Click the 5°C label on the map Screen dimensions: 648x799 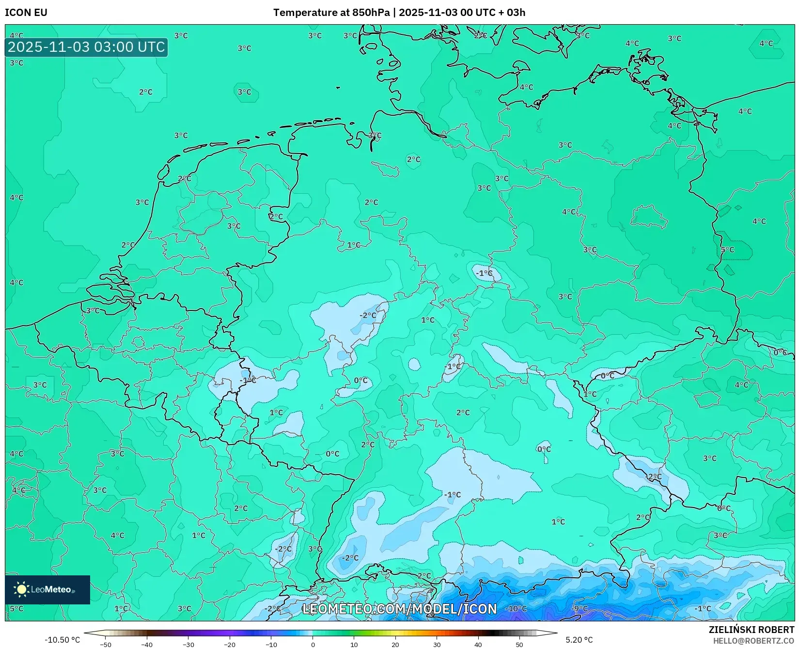click(727, 250)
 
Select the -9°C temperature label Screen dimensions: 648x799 click(580, 609)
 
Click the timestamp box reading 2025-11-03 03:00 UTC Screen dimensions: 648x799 click(86, 47)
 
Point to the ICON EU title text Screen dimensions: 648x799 click(26, 13)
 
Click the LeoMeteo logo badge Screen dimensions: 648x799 click(47, 589)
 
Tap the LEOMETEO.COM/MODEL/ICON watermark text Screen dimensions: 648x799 click(399, 609)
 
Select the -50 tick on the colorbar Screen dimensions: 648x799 click(105, 645)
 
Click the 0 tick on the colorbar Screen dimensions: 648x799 click(313, 645)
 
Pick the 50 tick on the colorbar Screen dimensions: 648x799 click(519, 645)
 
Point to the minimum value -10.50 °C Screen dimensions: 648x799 click(62, 640)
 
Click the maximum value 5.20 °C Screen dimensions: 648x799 click(579, 640)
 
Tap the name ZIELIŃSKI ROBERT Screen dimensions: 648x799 click(752, 630)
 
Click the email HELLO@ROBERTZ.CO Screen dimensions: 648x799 click(753, 641)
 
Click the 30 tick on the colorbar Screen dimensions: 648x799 click(437, 645)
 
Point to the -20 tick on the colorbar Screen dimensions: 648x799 click(230, 645)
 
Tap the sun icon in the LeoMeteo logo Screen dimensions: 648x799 click(21, 589)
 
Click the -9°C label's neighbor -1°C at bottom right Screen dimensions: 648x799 click(703, 609)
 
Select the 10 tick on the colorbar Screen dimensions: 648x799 click(354, 645)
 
